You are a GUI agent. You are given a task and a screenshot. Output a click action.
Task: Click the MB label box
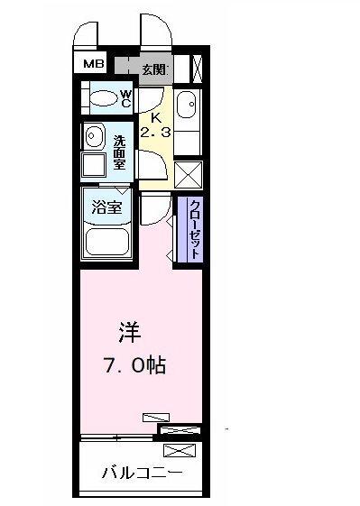[93, 63]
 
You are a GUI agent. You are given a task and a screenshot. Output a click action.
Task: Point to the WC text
[126, 98]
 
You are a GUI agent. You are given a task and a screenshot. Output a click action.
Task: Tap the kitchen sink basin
[188, 107]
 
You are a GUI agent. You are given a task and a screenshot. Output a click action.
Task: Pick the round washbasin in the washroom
[93, 136]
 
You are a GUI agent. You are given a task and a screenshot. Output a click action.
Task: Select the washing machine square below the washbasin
[94, 165]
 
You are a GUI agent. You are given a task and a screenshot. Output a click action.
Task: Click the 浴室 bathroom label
[106, 207]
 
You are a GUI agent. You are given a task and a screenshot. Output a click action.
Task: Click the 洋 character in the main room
[127, 333]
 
